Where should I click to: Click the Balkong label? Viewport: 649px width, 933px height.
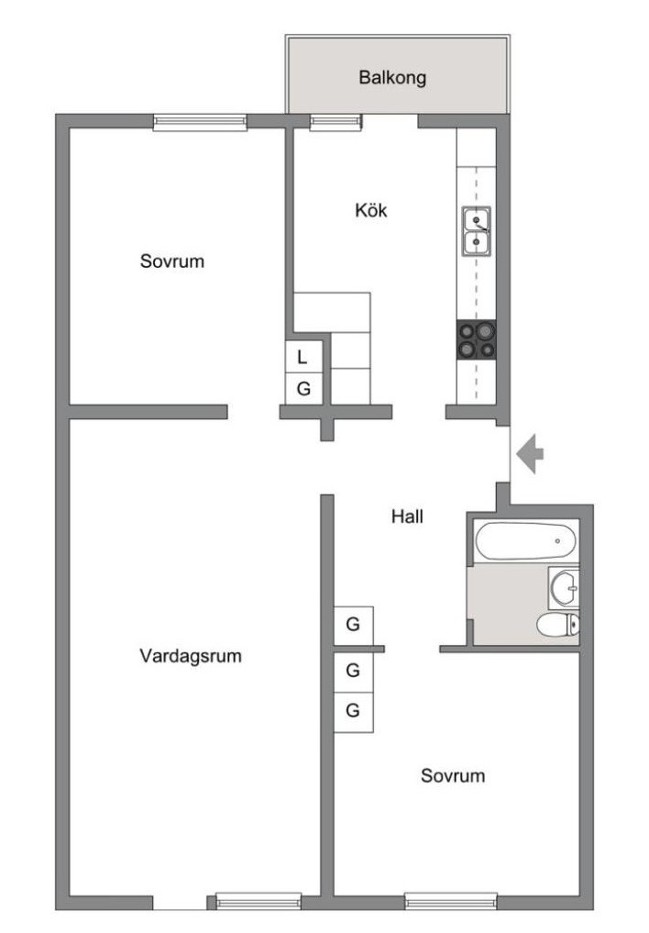[x=392, y=77]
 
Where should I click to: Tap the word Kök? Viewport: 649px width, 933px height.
[x=371, y=210]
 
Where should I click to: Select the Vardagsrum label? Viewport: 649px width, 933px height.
[x=190, y=656]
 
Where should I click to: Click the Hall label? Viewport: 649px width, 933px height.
[x=407, y=516]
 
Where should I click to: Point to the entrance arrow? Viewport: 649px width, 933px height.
[x=530, y=454]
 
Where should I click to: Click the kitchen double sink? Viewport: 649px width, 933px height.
[x=477, y=231]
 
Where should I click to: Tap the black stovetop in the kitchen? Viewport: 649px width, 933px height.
[x=476, y=339]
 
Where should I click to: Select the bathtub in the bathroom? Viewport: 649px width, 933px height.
[x=525, y=540]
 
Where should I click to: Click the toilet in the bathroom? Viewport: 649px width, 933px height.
[x=557, y=625]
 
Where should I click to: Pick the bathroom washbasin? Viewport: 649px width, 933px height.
[x=564, y=587]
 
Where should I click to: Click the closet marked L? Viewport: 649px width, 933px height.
[x=303, y=357]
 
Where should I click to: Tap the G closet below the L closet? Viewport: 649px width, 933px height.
[x=303, y=389]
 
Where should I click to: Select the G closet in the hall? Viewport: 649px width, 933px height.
[x=353, y=625]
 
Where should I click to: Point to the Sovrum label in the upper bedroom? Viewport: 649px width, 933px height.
[x=171, y=261]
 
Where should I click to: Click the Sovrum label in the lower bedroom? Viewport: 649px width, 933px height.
[x=453, y=775]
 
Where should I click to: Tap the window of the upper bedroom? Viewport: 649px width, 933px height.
[x=200, y=122]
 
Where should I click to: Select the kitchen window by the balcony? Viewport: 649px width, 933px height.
[x=335, y=122]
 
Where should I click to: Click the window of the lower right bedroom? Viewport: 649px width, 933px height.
[x=450, y=901]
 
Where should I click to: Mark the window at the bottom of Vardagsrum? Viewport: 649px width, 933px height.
[x=258, y=901]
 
